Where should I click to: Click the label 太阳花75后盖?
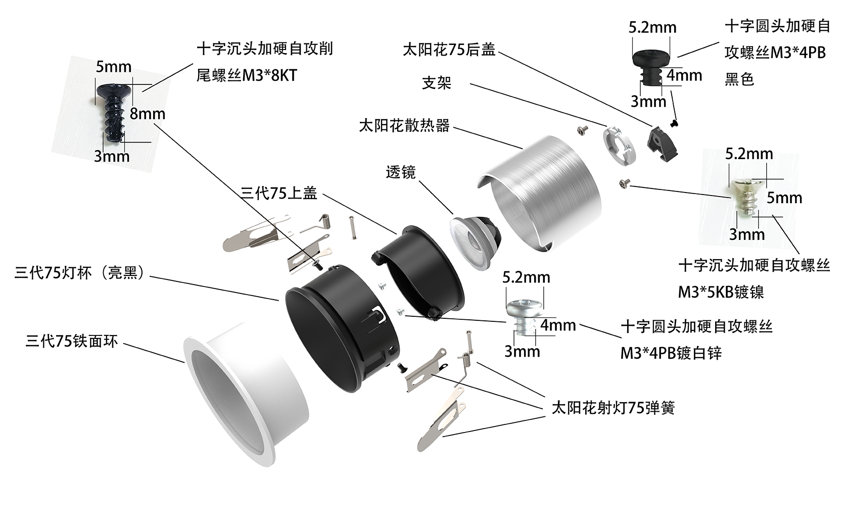[448, 50]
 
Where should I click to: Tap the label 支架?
[436, 82]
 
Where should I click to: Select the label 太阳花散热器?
[404, 125]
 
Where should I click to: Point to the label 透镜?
[400, 172]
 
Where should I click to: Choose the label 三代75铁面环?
[71, 341]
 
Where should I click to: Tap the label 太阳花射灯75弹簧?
[613, 408]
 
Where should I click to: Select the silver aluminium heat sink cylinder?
[541, 192]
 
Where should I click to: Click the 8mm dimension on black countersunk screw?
[147, 114]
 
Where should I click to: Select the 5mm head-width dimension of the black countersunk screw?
[113, 67]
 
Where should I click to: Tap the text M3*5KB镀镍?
[720, 292]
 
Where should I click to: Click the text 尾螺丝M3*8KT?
[247, 75]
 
